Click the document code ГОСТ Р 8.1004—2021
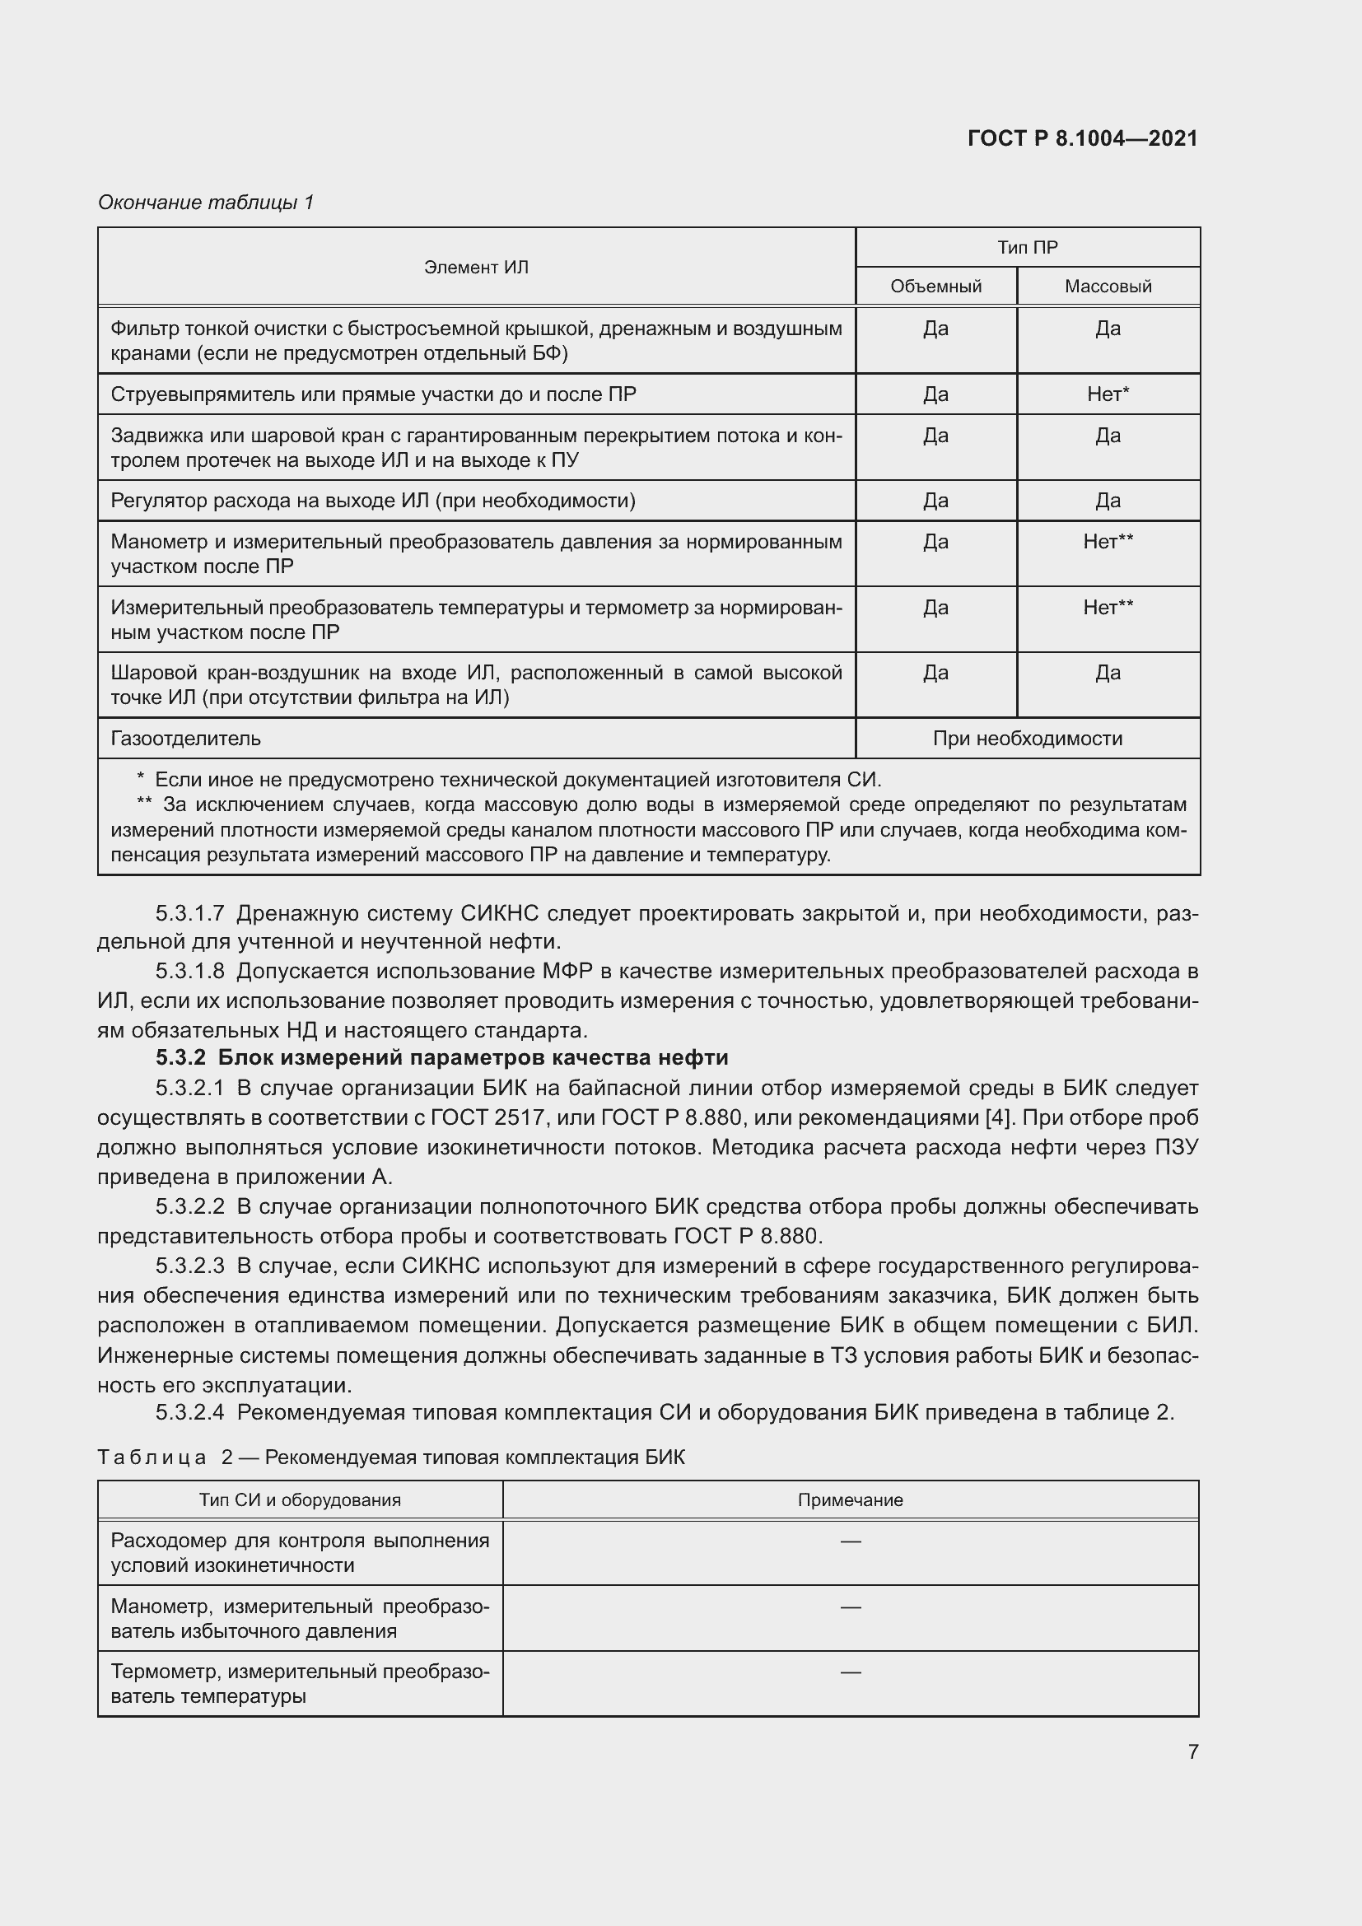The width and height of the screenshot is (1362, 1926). [1082, 138]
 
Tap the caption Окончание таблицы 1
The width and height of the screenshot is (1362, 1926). [206, 203]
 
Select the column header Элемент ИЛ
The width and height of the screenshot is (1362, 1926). [475, 267]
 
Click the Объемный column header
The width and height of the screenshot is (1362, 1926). [935, 286]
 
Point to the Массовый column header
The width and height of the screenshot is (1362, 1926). [1107, 286]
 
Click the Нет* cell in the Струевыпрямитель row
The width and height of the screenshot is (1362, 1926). [1107, 394]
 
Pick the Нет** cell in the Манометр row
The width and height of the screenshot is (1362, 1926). [1107, 541]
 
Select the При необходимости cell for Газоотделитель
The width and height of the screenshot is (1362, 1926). [1027, 738]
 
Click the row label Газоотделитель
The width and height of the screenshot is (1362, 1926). [185, 738]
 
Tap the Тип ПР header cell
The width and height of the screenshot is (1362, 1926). [1027, 248]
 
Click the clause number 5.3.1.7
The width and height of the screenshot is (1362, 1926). [189, 913]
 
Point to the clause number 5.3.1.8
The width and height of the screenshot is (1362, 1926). [189, 972]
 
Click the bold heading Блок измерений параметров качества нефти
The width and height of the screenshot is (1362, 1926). [473, 1057]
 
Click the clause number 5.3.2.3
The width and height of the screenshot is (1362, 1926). [189, 1266]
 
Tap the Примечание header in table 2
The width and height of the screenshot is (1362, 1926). [850, 1499]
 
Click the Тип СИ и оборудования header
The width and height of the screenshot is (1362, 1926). [300, 1499]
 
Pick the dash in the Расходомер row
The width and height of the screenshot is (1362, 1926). [850, 1541]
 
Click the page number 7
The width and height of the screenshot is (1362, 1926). [1192, 1751]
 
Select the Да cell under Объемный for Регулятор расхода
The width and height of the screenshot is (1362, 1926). [935, 501]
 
